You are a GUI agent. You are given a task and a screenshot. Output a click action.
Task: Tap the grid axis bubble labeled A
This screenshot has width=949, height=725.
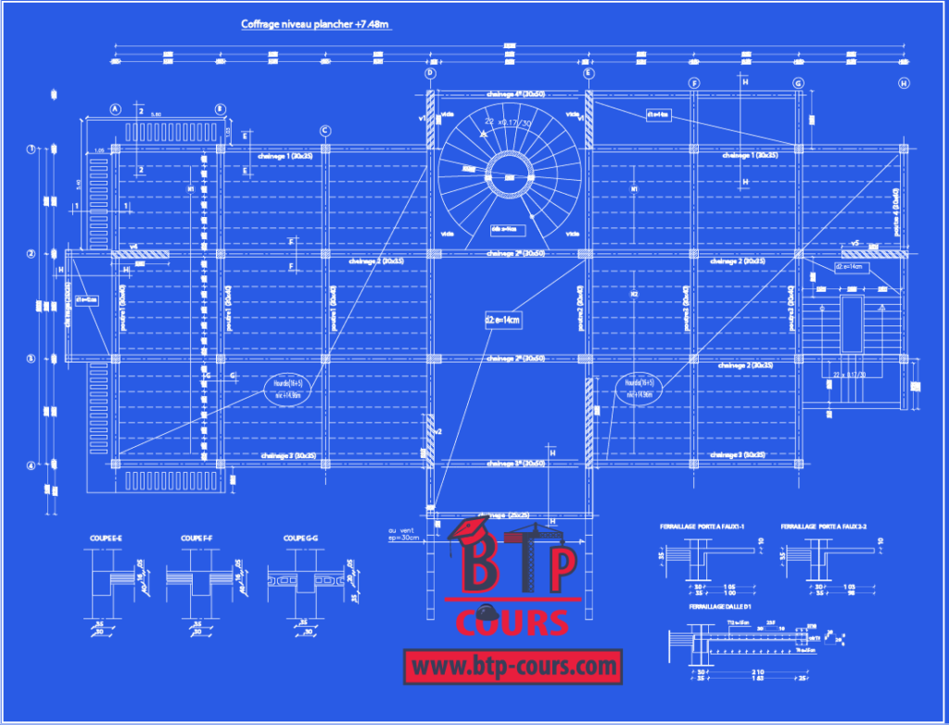pyautogui.click(x=116, y=108)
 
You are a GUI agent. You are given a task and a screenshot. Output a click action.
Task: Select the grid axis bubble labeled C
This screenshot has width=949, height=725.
pyautogui.click(x=325, y=131)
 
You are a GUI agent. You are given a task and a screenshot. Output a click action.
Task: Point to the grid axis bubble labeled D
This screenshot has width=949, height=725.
pyautogui.click(x=430, y=72)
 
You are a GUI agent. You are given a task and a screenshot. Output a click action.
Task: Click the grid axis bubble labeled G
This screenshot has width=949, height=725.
pyautogui.click(x=798, y=83)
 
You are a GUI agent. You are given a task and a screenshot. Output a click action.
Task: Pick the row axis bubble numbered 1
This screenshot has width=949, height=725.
pyautogui.click(x=31, y=148)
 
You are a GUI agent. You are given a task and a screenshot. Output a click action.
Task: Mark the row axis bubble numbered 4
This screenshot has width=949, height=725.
pyautogui.click(x=31, y=465)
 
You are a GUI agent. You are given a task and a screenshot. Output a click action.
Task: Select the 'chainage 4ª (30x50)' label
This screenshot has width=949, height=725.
pyautogui.click(x=508, y=95)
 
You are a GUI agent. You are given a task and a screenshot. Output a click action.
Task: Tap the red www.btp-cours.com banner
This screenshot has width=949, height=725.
pyautogui.click(x=512, y=665)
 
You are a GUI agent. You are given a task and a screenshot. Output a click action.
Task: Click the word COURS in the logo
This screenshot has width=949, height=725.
pyautogui.click(x=512, y=621)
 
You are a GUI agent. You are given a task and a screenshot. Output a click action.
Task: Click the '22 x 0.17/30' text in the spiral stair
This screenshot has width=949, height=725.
pyautogui.click(x=507, y=121)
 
